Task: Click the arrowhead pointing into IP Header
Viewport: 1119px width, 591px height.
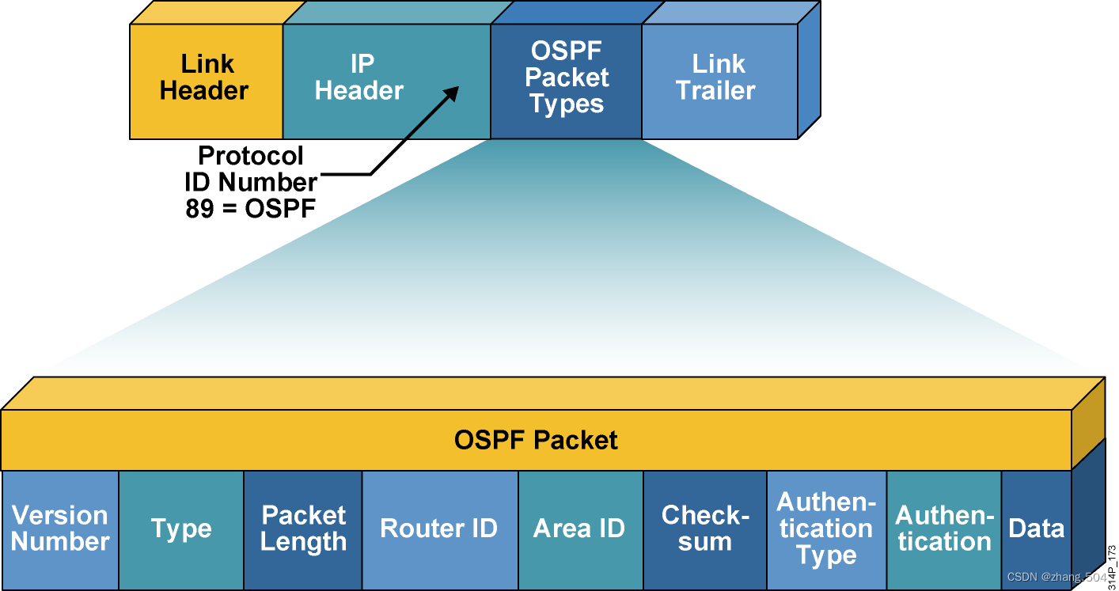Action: (x=451, y=93)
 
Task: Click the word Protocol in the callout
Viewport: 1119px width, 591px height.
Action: (x=250, y=156)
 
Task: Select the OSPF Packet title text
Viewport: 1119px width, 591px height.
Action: (x=536, y=440)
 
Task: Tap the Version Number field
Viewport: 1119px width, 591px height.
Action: (x=60, y=529)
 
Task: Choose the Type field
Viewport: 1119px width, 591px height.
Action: (x=181, y=529)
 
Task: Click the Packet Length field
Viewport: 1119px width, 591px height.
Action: (x=303, y=529)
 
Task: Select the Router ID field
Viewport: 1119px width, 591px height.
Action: (x=439, y=529)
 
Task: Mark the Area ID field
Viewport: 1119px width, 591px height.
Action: (x=580, y=529)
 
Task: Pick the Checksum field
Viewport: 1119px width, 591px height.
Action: (x=704, y=529)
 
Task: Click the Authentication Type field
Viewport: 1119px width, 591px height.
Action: (x=826, y=529)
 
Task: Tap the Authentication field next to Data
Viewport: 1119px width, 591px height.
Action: (x=944, y=529)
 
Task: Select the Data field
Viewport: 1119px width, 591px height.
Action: (x=1037, y=528)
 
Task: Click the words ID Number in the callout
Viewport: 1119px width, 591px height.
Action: (x=250, y=182)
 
